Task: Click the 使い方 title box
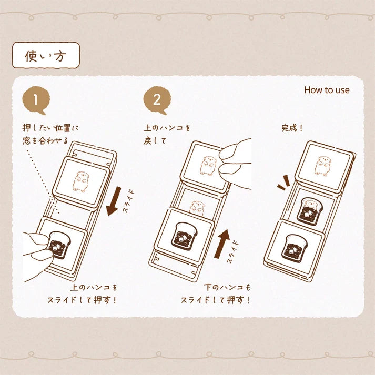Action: pos(46,55)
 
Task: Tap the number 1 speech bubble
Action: pos(36,100)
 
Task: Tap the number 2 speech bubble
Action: pos(157,100)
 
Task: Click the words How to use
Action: pos(327,90)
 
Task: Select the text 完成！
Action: pos(292,128)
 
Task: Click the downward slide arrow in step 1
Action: pos(114,201)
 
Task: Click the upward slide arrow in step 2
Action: pos(222,244)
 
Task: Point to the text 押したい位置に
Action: pos(50,128)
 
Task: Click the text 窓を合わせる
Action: pos(45,140)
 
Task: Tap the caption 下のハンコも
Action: pos(227,287)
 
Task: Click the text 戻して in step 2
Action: pos(155,140)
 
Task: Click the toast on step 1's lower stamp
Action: pos(59,245)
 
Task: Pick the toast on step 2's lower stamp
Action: pos(184,236)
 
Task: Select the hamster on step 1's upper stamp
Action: pos(81,181)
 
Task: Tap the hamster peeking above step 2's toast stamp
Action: pos(197,208)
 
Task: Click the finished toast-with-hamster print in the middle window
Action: pos(309,211)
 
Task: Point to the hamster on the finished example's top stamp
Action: pos(323,166)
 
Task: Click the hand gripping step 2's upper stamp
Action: pos(235,164)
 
